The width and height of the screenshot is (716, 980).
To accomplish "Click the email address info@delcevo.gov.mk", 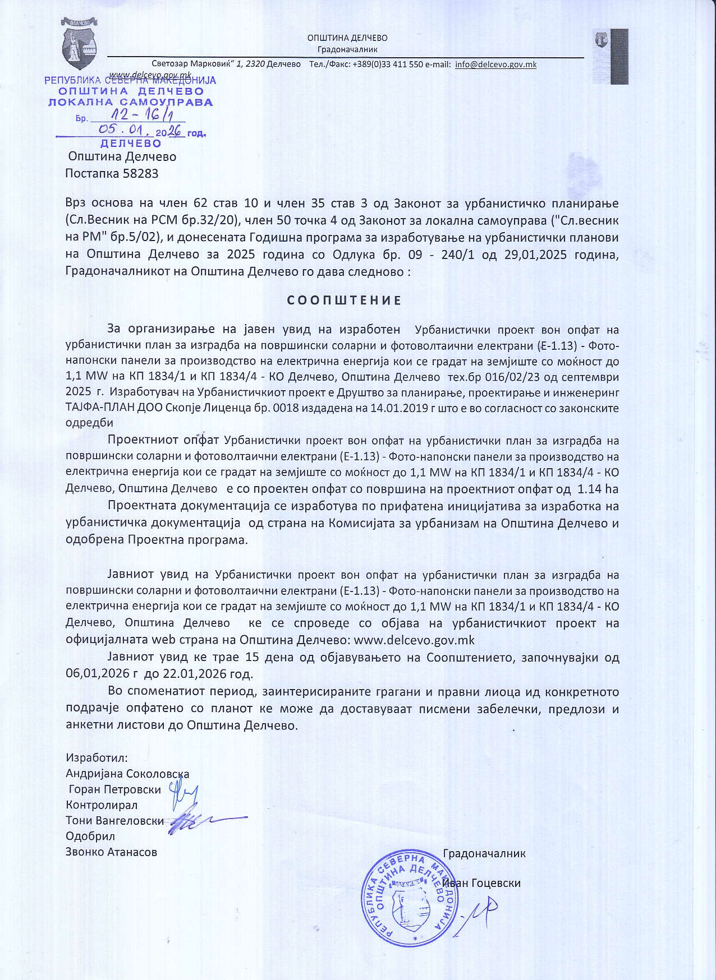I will tap(495, 64).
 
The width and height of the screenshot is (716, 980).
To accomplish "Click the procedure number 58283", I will tap(140, 173).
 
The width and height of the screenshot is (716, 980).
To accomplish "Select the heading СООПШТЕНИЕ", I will tap(345, 301).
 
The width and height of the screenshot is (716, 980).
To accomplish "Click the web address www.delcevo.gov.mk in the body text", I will tap(415, 640).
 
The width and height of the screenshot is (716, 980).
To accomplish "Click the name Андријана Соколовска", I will tap(127, 774).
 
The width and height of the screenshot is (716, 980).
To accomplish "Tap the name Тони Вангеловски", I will tap(115, 821).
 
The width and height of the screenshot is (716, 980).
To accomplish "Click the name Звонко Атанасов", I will tap(112, 852).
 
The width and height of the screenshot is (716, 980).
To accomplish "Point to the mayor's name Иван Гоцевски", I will tap(482, 883).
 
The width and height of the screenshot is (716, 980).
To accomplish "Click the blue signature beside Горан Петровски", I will tap(185, 795).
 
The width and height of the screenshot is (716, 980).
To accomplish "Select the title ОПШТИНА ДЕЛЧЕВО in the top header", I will tap(347, 38).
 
